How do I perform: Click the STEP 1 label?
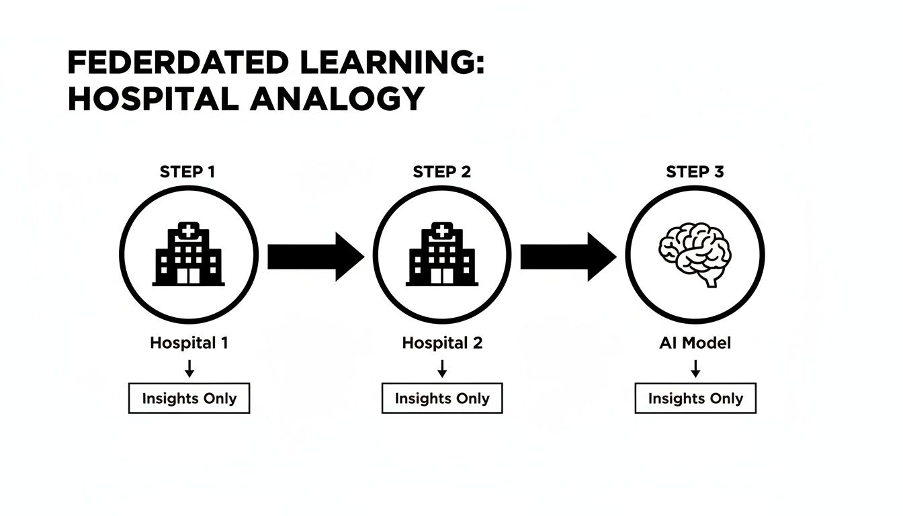[188, 172]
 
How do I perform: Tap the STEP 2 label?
[441, 172]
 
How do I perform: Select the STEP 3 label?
[695, 172]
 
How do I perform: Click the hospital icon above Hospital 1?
[189, 255]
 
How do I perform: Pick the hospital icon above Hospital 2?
[442, 255]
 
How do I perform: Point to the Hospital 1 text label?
[189, 343]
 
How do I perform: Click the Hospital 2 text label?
[442, 343]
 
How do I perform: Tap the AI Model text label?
[695, 343]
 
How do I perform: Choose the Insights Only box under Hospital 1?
[189, 398]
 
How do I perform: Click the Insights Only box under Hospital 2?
[442, 398]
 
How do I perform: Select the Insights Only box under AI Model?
[695, 398]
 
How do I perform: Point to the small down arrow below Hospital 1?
[189, 368]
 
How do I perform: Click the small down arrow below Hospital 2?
[442, 368]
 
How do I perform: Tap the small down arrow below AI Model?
[695, 368]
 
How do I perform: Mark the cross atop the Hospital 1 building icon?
[188, 232]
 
